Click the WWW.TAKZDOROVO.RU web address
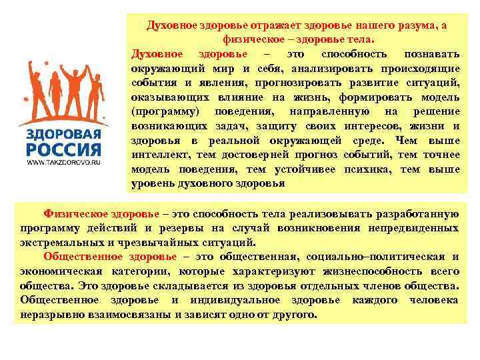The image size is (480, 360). point(64,161)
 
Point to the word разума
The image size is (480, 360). point(410,25)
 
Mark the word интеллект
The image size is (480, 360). point(157,154)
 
